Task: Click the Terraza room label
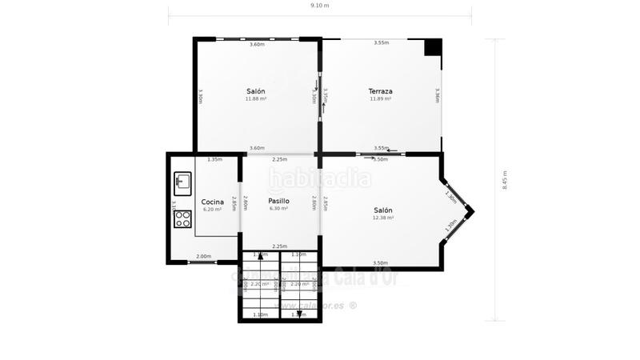point(380,91)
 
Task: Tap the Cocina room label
point(212,202)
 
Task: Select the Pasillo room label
point(278,201)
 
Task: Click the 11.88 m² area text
point(256,99)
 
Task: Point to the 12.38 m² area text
point(384,218)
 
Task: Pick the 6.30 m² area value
point(278,209)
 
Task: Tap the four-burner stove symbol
point(182,218)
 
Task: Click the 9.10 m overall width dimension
point(319,6)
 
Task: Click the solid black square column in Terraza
point(433,47)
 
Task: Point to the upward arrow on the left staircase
point(260,257)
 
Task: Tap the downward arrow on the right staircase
point(298,314)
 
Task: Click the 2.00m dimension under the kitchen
point(204,257)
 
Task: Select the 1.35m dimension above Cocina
point(214,159)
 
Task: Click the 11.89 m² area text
point(380,99)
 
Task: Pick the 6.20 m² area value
point(212,210)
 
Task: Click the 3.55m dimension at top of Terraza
point(382,42)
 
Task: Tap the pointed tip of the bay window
point(473,212)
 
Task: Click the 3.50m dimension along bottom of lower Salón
point(381,263)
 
